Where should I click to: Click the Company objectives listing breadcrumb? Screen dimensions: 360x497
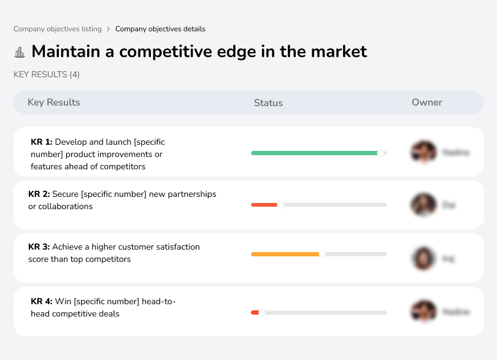[58, 29]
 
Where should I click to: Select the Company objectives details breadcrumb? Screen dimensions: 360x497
[160, 29]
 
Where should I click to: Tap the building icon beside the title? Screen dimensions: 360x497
[20, 52]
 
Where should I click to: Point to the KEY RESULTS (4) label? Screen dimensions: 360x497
[47, 75]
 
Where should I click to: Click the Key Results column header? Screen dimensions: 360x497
[54, 102]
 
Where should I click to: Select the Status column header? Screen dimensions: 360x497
[268, 103]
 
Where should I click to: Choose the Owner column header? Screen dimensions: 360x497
[427, 102]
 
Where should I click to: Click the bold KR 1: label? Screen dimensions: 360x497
[42, 142]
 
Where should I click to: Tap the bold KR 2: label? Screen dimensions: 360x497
[39, 194]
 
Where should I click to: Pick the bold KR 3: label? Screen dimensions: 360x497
[39, 247]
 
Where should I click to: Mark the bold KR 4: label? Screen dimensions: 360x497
[42, 301]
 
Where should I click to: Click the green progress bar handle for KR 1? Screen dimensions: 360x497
[381, 153]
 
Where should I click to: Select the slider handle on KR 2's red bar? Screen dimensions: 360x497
[280, 205]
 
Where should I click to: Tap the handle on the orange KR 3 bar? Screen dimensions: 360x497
[322, 254]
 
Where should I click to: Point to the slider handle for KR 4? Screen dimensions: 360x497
[261, 313]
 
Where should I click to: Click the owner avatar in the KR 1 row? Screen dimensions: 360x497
[423, 151]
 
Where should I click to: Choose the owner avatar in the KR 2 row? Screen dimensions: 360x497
[423, 205]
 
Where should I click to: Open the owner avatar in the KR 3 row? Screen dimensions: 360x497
[423, 258]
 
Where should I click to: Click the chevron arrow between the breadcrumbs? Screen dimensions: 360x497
[109, 29]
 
